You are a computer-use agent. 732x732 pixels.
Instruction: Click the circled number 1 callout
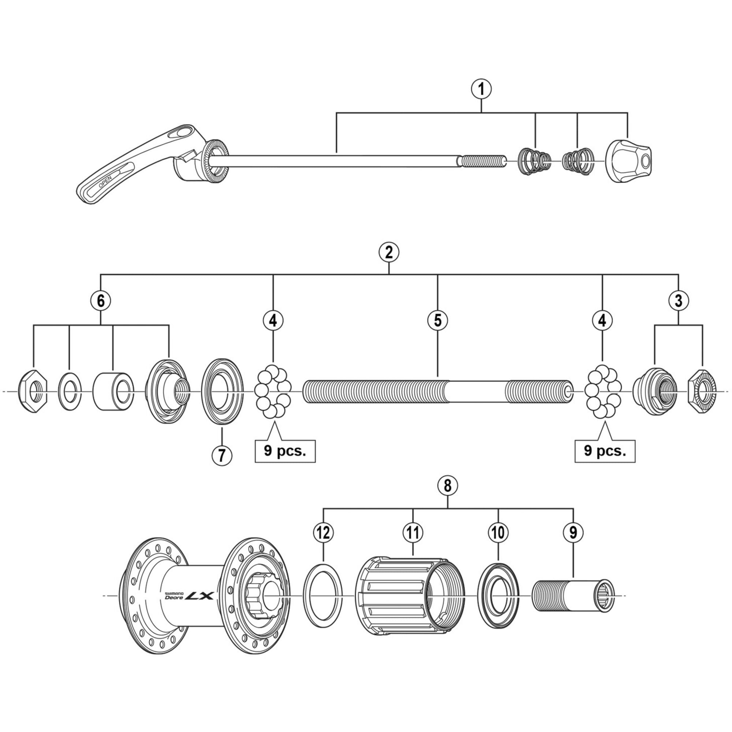tap(481, 90)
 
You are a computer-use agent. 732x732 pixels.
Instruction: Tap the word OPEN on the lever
tap(105, 182)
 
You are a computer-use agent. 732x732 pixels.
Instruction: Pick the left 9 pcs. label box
tap(285, 451)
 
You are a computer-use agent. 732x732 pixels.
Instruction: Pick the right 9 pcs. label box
tap(605, 451)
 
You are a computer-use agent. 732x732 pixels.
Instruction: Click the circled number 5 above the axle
tap(437, 321)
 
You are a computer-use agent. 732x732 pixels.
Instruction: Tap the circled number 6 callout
tap(100, 301)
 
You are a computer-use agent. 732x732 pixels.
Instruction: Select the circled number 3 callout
tap(678, 301)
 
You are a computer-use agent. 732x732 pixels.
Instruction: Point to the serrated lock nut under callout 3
tap(702, 391)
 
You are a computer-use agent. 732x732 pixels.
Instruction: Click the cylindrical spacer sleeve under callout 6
tap(113, 391)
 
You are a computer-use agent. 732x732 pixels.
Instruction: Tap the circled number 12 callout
tap(323, 533)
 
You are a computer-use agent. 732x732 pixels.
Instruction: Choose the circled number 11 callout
tap(412, 533)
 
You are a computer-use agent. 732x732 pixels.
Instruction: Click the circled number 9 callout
tap(573, 533)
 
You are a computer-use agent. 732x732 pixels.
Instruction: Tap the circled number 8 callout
tap(448, 486)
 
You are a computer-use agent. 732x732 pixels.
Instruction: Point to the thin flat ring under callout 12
tap(323, 596)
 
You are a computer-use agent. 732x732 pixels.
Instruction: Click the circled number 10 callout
tap(498, 533)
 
